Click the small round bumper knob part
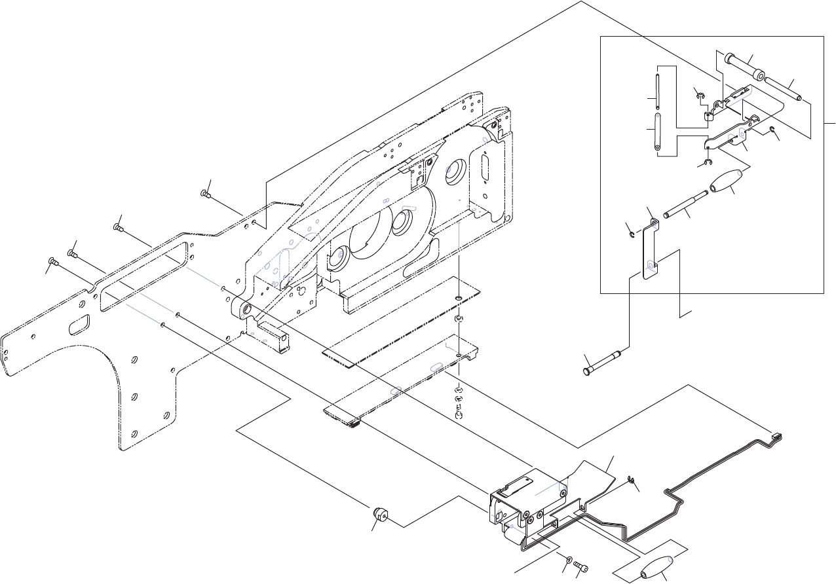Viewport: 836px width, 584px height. (380, 514)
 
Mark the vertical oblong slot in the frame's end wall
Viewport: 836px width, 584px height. (484, 172)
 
